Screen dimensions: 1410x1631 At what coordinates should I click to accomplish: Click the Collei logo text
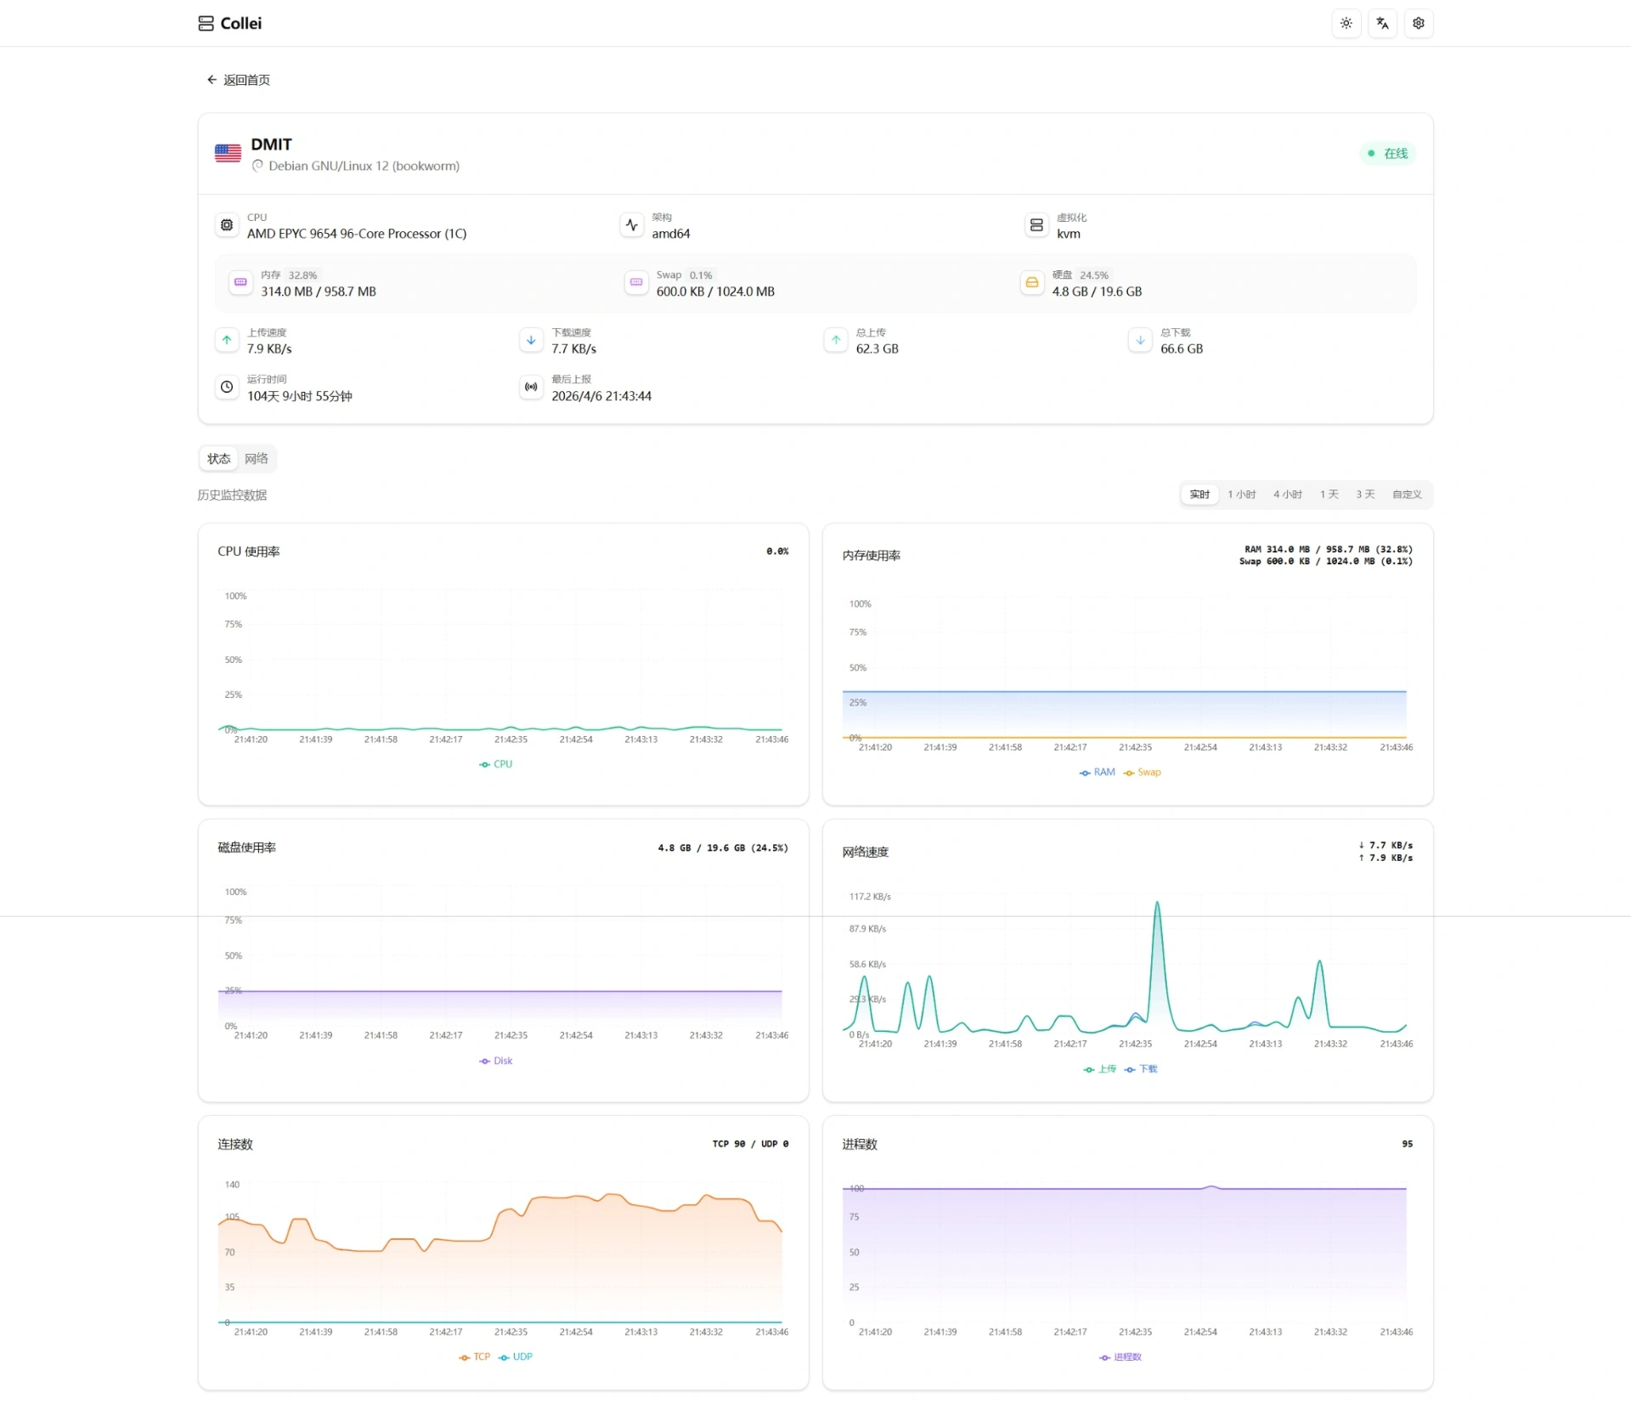pos(240,24)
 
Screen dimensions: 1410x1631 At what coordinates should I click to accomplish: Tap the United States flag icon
pos(228,153)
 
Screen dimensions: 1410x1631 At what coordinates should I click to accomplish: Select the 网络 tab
pos(256,459)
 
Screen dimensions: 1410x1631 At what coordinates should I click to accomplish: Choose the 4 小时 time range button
pos(1287,495)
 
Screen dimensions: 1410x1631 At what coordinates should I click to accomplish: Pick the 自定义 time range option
pos(1406,495)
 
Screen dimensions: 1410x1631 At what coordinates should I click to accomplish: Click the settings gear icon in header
pos(1418,24)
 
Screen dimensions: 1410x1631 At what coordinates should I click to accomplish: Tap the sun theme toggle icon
pos(1346,24)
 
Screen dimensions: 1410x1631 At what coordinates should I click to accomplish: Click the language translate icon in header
pos(1382,24)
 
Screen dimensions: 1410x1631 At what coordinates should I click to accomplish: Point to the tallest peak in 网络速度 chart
pos(1157,903)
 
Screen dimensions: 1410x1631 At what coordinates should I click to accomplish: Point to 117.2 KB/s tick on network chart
pos(870,897)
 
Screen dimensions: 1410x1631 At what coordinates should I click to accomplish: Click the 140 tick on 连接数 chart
pos(232,1185)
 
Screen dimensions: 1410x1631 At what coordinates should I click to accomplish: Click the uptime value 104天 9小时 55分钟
pos(299,396)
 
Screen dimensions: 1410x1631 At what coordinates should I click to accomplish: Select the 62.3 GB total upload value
pos(877,349)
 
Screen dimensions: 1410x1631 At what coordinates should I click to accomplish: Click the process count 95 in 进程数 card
pos(1407,1144)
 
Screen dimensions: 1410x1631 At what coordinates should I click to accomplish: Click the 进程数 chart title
pos(859,1145)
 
